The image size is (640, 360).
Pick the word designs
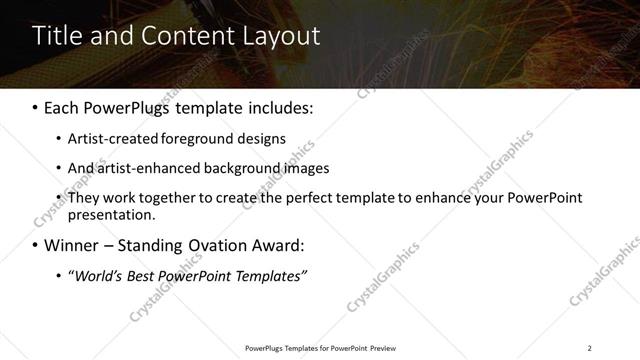261,139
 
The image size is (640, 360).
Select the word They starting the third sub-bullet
83,198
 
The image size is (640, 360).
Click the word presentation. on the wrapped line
111,214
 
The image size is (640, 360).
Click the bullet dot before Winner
36,246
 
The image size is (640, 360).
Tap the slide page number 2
589,348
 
